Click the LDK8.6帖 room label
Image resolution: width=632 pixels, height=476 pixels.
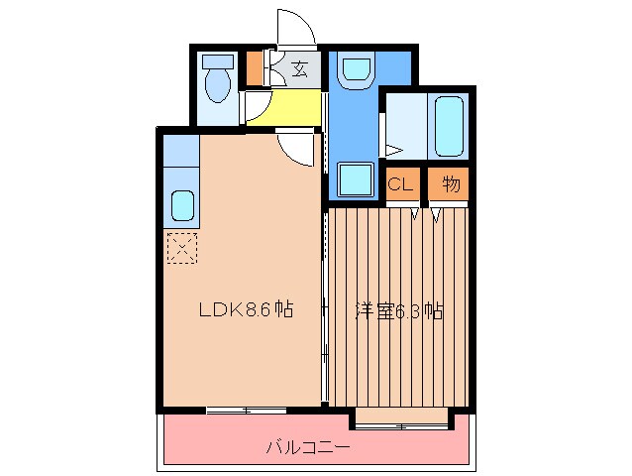click(245, 310)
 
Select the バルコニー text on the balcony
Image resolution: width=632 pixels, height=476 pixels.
click(307, 447)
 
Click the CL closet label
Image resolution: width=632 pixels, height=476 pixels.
click(399, 184)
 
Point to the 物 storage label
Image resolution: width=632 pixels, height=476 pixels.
click(450, 184)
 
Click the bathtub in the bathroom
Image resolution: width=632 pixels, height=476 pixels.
click(449, 126)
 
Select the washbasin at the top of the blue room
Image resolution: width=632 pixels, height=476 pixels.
click(353, 68)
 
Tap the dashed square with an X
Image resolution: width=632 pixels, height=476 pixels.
click(181, 248)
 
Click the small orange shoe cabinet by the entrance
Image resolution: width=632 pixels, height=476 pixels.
click(255, 69)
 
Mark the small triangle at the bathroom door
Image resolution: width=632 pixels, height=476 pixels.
click(392, 151)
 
